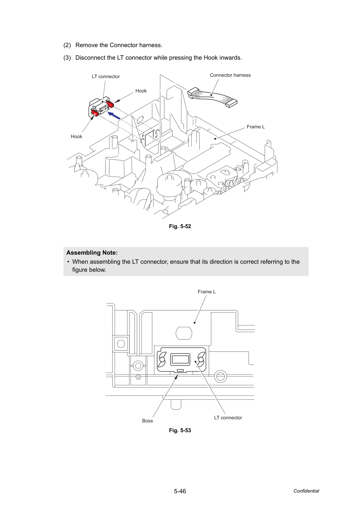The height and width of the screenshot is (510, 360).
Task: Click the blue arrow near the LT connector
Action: [x=114, y=115]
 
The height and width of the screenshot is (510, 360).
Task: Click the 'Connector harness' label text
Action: [x=230, y=75]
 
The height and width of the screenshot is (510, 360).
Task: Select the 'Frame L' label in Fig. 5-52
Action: [x=255, y=127]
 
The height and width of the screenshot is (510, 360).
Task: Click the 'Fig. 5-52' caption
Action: [x=180, y=226]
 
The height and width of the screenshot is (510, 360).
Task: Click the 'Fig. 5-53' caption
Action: [x=180, y=430]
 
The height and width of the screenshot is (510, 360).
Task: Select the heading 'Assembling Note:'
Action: [x=92, y=253]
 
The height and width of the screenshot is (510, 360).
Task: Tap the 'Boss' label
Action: [x=147, y=421]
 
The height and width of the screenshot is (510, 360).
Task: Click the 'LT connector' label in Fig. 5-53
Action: [x=228, y=418]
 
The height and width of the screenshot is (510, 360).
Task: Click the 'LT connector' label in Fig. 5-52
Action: [x=106, y=76]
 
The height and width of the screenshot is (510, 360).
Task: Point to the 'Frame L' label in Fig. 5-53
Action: [x=207, y=292]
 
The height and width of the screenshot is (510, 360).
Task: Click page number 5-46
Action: [x=180, y=491]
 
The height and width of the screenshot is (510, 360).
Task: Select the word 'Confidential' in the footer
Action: [x=306, y=491]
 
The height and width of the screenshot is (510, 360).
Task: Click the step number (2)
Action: [x=67, y=45]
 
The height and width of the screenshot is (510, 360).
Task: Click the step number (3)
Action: [x=67, y=58]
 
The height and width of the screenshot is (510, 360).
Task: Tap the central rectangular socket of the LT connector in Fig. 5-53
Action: [x=180, y=360]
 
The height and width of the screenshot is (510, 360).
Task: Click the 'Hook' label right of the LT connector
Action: [x=141, y=91]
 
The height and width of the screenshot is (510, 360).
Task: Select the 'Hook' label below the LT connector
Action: [x=76, y=136]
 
